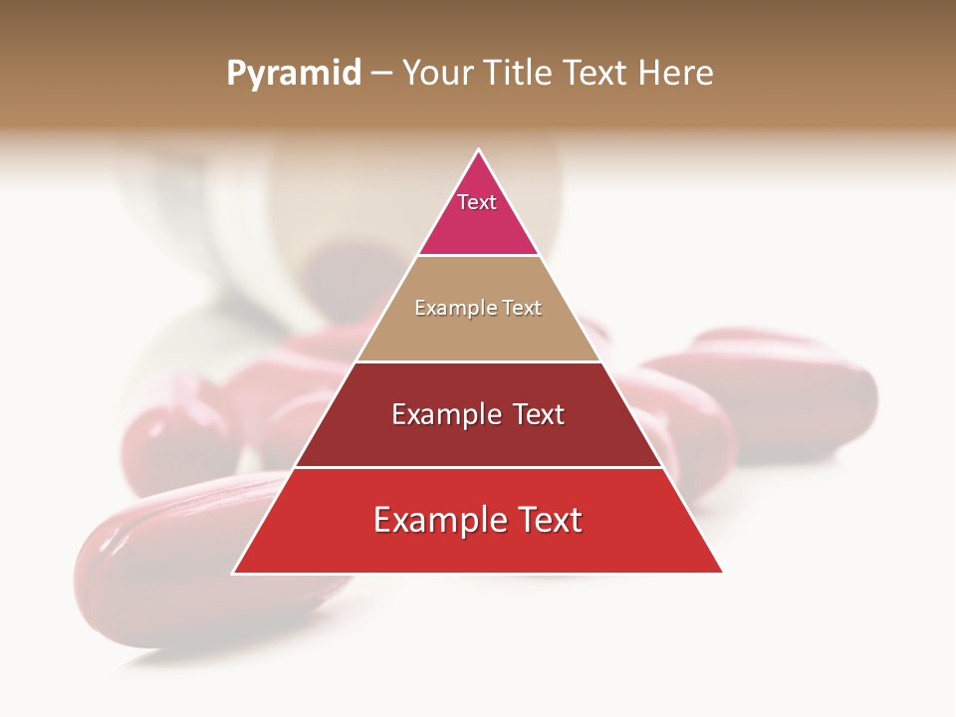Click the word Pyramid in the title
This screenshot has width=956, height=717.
[293, 74]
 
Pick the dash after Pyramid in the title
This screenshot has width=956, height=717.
[381, 74]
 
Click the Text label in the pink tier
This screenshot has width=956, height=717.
[477, 202]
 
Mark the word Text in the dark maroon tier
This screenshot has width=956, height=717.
[538, 414]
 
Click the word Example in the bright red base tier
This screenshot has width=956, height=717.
[439, 520]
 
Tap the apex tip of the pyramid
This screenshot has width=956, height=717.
[478, 151]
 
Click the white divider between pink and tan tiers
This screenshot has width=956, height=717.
[478, 256]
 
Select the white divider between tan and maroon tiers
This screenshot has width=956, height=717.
[478, 361]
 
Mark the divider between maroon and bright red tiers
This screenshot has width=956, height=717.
[478, 467]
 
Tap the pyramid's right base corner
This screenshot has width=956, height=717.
[721, 572]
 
